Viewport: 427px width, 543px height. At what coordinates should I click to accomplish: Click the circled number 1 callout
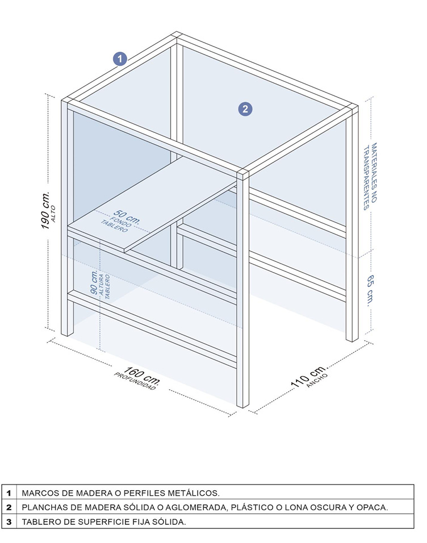120,59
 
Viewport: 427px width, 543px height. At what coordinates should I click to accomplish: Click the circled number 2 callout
245,109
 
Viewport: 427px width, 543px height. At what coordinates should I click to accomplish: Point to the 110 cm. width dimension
308,375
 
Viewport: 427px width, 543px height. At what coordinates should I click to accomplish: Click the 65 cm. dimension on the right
370,290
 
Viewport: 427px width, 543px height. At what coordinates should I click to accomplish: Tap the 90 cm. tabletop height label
94,282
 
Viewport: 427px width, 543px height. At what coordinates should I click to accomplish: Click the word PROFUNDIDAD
135,381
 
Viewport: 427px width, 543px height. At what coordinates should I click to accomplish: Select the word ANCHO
317,380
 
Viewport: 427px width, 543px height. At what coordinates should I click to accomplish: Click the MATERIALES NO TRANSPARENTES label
370,176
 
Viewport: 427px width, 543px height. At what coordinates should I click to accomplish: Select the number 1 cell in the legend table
9,493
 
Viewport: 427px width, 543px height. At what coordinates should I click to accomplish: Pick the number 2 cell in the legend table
9,507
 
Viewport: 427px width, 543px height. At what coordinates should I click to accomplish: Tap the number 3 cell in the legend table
9,522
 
